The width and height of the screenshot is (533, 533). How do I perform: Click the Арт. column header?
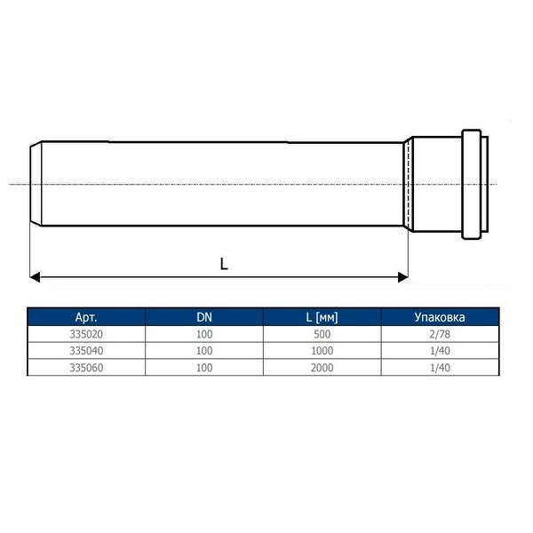(x=86, y=317)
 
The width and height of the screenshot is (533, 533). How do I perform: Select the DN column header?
(x=204, y=317)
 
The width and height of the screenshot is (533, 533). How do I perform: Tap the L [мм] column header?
(x=322, y=317)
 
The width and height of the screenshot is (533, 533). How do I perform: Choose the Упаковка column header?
(x=440, y=317)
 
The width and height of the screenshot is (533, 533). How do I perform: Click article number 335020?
(x=86, y=334)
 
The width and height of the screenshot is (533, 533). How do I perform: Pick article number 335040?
(x=86, y=351)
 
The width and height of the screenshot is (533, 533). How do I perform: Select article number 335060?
(x=86, y=368)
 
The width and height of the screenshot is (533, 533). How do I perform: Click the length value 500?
(x=322, y=334)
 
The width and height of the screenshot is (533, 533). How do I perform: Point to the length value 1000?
(x=322, y=351)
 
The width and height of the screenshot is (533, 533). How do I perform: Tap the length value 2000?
(x=322, y=368)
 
